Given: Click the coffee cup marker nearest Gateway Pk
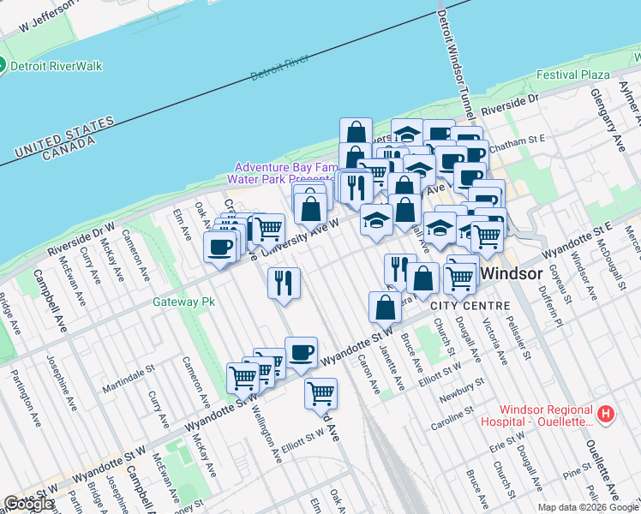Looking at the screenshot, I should point(219,248).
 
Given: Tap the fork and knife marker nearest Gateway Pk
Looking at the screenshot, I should point(284,282).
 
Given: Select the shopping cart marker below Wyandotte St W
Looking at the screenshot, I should point(320,393).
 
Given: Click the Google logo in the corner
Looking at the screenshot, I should point(28,504).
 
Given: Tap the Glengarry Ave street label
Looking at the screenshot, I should point(603,114).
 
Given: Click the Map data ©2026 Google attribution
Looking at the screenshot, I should point(588,507).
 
